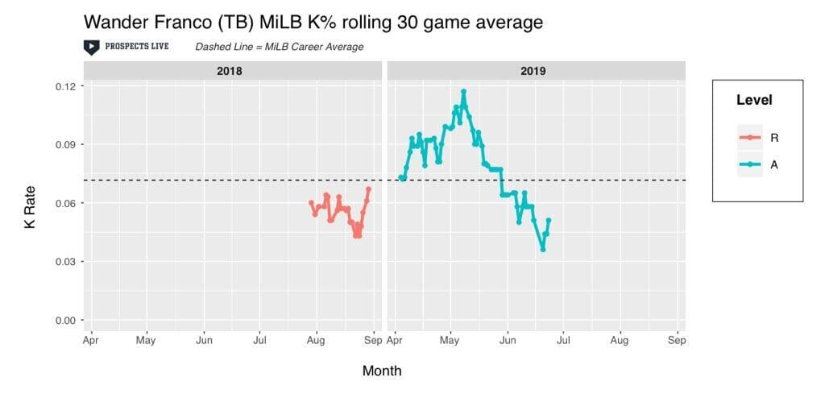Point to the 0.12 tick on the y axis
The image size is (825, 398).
coord(66,86)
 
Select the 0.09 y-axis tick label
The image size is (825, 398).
coord(66,144)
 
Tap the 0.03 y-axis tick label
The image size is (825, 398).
coord(66,262)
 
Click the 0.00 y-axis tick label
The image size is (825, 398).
coord(66,320)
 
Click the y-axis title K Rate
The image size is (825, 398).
coord(30,206)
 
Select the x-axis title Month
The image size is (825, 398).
coord(382,371)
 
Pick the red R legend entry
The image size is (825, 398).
coord(757,138)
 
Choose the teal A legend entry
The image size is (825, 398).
coord(757,165)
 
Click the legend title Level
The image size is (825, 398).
coord(754,100)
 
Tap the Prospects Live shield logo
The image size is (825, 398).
coord(92,48)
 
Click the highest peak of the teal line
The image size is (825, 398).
coord(463,91)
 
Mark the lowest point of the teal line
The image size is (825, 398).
coord(542,249)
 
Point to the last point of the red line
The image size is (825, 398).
coord(368,189)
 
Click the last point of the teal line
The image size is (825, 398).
coord(548,220)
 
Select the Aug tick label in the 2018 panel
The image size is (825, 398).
coord(316,341)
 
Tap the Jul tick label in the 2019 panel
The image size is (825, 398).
coord(563,341)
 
